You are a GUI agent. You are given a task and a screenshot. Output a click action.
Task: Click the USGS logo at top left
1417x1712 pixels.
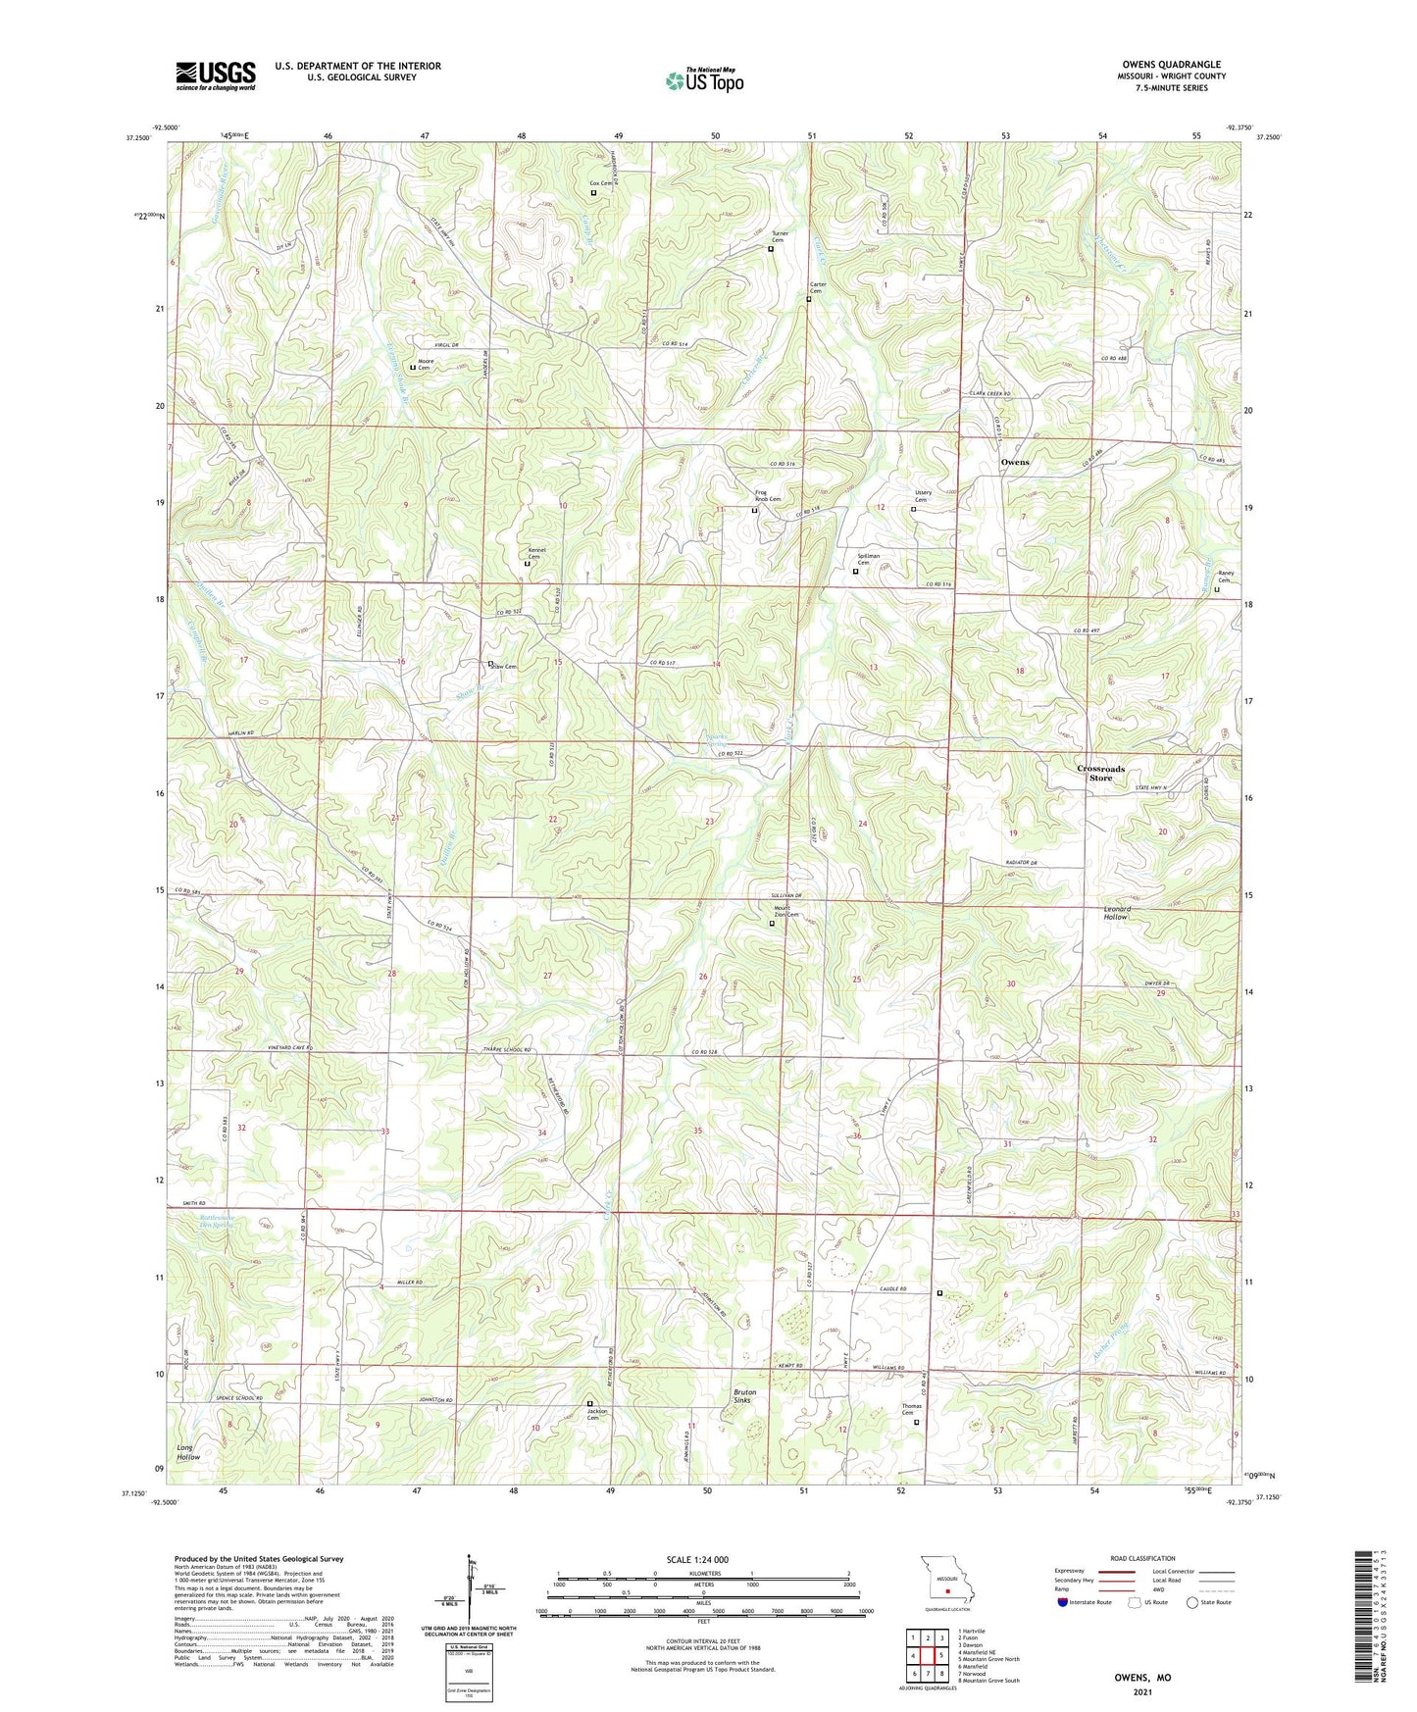[x=216, y=76]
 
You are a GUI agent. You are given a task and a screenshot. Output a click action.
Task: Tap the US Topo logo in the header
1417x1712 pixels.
[x=703, y=80]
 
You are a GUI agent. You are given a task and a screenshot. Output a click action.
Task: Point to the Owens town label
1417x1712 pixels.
[x=1015, y=462]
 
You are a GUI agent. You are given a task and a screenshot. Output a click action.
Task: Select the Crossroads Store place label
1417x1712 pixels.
[x=1100, y=773]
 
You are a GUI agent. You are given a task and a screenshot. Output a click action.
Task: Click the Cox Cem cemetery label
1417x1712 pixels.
[x=600, y=183]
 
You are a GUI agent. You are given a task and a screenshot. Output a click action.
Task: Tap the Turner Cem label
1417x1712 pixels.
[x=780, y=236]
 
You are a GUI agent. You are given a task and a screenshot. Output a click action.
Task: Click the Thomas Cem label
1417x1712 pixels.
[x=912, y=1409]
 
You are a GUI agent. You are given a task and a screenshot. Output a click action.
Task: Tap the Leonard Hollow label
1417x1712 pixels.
[x=1117, y=913]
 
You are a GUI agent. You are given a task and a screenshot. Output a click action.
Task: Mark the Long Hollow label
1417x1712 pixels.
[x=188, y=1452]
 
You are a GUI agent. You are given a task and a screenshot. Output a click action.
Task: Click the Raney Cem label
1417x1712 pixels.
[x=1225, y=577]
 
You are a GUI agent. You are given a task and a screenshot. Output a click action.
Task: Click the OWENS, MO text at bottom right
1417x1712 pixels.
[x=1141, y=1678]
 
